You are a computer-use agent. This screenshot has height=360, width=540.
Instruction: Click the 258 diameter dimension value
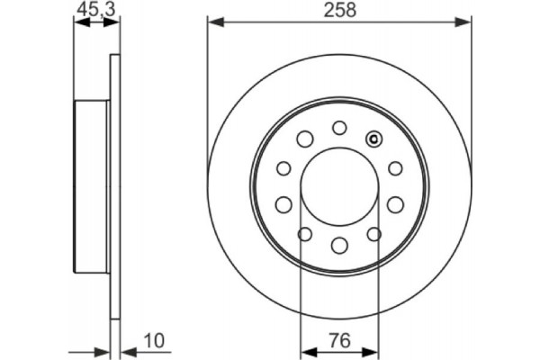click(339, 10)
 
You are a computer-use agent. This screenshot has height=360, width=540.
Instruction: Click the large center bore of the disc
click(339, 184)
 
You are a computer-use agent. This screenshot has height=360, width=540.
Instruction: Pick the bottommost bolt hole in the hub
click(339, 244)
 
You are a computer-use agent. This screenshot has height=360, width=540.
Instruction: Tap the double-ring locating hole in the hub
click(375, 138)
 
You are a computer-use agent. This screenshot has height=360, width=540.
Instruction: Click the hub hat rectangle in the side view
click(92, 184)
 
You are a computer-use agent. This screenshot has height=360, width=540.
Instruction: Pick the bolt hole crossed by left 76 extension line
click(304, 234)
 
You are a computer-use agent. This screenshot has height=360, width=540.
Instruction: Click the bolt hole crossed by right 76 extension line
click(374, 234)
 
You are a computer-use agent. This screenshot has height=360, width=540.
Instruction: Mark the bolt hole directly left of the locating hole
click(304, 138)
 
